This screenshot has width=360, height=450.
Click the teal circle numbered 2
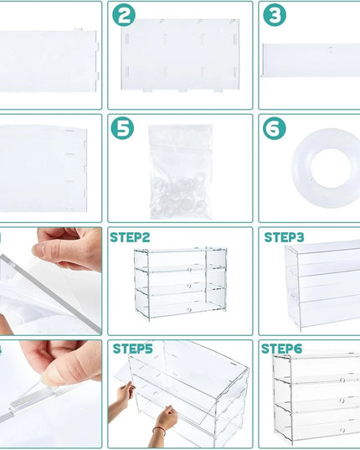[x=124, y=15]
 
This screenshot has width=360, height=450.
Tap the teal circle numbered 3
[x=275, y=15]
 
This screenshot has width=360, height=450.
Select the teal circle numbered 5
[x=122, y=128]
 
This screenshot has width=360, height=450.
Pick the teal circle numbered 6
[x=275, y=128]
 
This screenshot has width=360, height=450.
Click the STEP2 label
[x=130, y=238]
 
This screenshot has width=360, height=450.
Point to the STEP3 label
[x=284, y=238]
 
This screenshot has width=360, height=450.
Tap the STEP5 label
[x=133, y=349]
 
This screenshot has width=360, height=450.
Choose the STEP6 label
[x=281, y=349]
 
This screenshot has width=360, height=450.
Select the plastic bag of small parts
[x=181, y=172]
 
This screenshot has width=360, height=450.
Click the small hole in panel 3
[x=331, y=50]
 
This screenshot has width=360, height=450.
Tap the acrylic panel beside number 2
[x=180, y=55]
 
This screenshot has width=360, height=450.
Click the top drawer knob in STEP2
[x=189, y=270]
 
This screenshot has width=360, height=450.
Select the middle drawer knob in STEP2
[x=189, y=286]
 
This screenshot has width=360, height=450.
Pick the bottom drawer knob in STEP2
[x=189, y=310]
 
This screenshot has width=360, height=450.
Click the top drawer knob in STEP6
[x=342, y=380]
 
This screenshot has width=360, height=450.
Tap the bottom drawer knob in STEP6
[x=342, y=430]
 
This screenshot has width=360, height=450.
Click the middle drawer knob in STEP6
[x=342, y=401]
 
